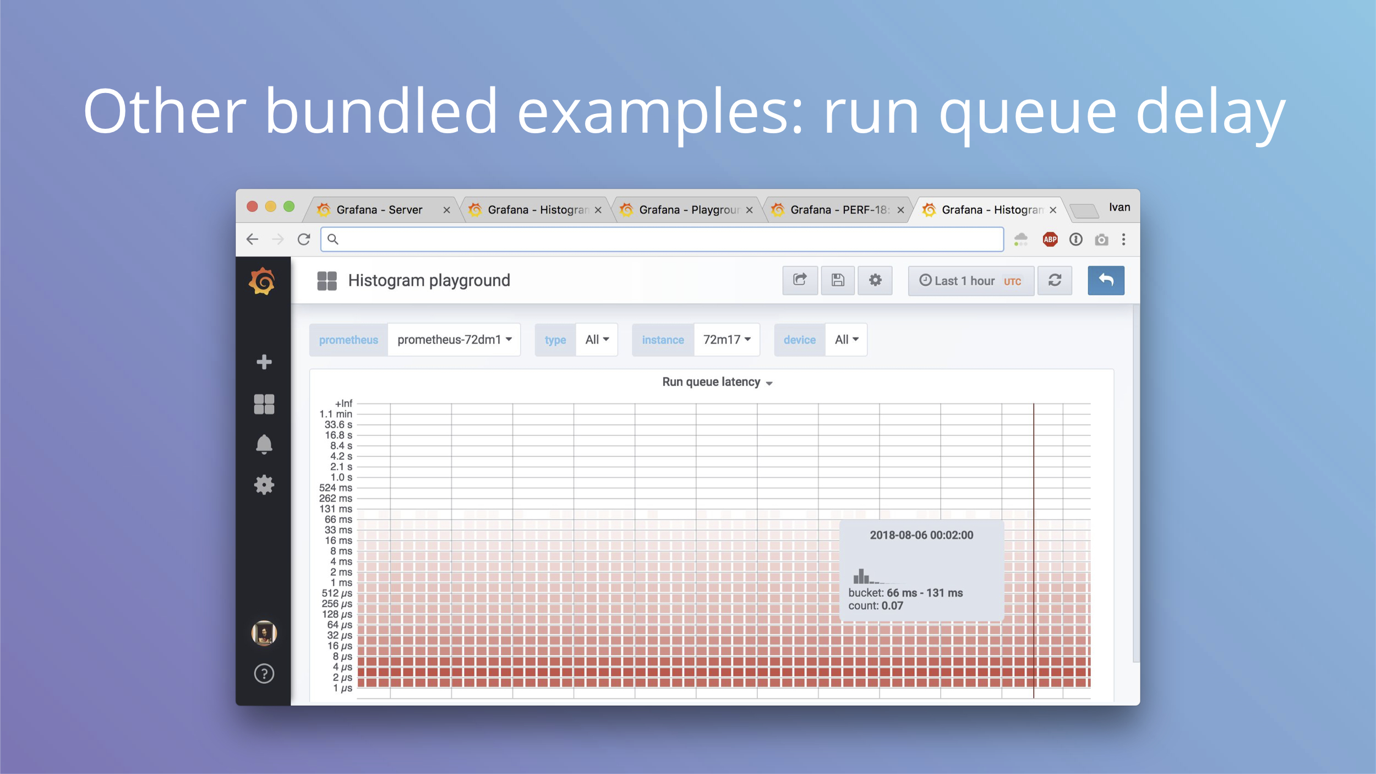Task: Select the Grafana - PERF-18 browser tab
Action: [x=837, y=210]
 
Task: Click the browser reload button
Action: [x=304, y=239]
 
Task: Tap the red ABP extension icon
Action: [x=1050, y=239]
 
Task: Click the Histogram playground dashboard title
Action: [x=429, y=281]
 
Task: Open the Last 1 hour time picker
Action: [x=970, y=281]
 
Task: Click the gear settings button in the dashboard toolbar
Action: [x=875, y=281]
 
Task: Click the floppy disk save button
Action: [x=837, y=281]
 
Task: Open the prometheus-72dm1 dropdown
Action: [x=454, y=340]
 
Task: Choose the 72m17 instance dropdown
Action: [x=727, y=340]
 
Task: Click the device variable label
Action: [x=799, y=340]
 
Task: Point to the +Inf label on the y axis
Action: [x=343, y=404]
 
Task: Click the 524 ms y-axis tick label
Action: [x=336, y=488]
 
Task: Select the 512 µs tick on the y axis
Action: [x=337, y=593]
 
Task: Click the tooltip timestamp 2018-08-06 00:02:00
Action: [x=921, y=535]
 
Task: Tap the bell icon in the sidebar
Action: [x=264, y=444]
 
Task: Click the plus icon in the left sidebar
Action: [x=264, y=362]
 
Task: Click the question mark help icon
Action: [x=264, y=674]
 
